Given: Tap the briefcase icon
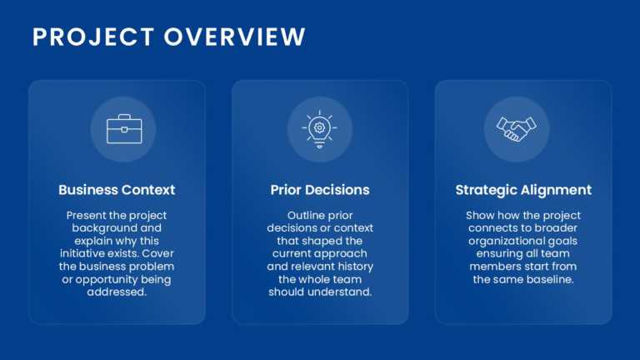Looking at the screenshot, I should click(x=123, y=129).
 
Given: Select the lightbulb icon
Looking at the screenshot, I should click(x=319, y=129).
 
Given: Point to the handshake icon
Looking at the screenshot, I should click(x=516, y=129).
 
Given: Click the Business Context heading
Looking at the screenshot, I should click(x=117, y=190).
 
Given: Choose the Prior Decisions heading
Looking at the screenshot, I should click(x=320, y=190).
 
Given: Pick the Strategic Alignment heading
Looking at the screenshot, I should click(x=523, y=190).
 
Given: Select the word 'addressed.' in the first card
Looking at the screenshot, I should click(x=117, y=292).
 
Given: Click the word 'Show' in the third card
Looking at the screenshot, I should click(x=481, y=215).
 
